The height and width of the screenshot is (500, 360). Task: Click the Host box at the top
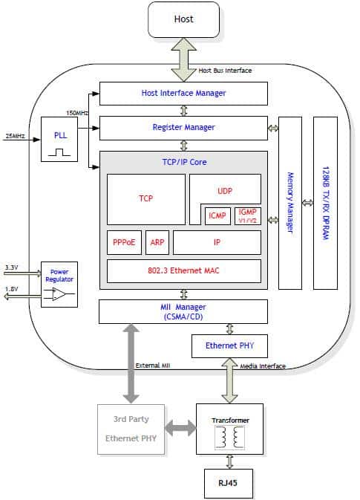click(x=183, y=19)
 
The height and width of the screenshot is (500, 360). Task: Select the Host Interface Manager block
click(x=183, y=94)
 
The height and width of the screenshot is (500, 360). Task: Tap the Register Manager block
click(x=183, y=128)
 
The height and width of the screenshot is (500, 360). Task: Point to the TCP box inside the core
click(x=145, y=199)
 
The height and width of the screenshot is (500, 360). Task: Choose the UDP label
click(x=225, y=191)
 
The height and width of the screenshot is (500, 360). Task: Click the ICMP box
click(x=217, y=215)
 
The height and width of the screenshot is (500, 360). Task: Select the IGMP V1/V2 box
click(x=247, y=215)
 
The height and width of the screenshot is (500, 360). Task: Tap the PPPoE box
click(x=124, y=242)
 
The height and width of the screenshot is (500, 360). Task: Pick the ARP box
click(x=157, y=242)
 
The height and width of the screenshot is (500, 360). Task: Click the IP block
click(x=217, y=242)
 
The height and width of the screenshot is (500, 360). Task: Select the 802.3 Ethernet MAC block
click(x=183, y=270)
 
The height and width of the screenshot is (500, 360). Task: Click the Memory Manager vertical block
click(x=290, y=202)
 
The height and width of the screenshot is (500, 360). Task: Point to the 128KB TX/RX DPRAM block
click(x=325, y=202)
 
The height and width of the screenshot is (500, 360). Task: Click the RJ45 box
click(x=229, y=484)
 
